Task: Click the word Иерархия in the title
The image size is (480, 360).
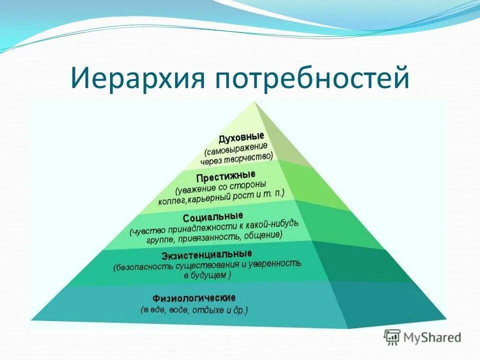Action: (137, 78)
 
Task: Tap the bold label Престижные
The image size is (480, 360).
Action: (225, 177)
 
